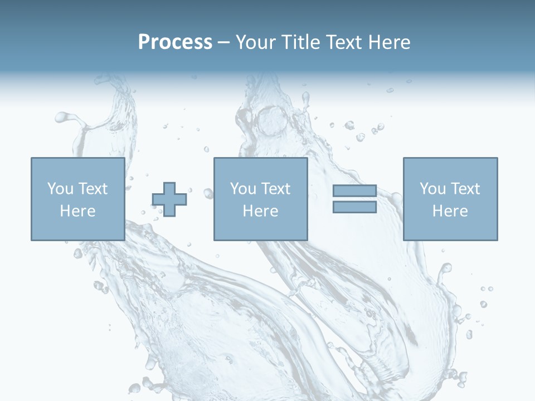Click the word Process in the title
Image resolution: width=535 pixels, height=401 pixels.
coord(175,42)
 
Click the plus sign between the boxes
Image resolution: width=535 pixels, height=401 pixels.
coord(169,199)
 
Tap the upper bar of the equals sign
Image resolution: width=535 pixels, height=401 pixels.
coord(354,191)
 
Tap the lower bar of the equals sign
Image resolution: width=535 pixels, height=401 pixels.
coord(354,207)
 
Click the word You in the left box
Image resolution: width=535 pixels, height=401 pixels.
coord(60,189)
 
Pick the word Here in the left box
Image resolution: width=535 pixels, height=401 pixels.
coord(77,211)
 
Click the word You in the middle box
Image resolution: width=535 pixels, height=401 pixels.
coord(242,189)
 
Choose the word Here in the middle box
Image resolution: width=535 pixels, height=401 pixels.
coord(260,211)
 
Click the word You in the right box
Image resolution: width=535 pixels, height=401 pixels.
coord(432,189)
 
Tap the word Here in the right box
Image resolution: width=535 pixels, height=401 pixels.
coord(450,211)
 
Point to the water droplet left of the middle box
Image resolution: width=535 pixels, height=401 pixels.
coord(208,193)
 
